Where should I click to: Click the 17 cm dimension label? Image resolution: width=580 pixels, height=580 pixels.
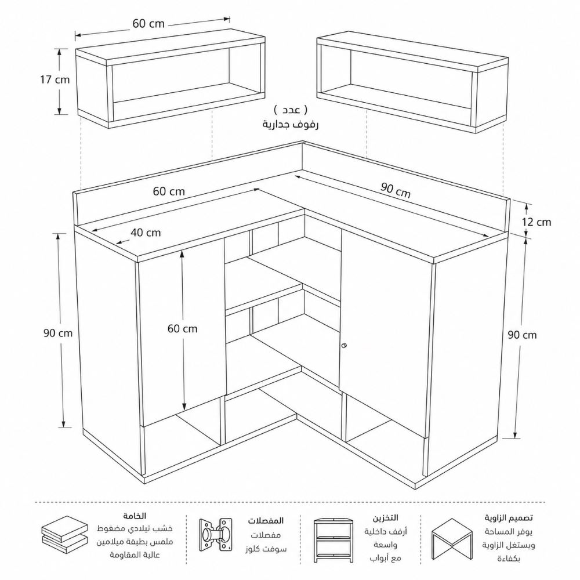click(55, 80)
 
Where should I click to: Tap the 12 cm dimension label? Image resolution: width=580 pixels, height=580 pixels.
click(536, 222)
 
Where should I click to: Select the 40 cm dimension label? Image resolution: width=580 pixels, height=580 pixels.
click(146, 233)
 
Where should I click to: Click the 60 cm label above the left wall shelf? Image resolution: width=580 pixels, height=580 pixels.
click(148, 24)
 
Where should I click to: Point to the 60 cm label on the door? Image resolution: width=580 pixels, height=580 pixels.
click(182, 328)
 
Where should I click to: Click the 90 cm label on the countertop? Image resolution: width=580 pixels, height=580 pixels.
click(396, 190)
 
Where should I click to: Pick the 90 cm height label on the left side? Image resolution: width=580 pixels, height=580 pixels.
click(57, 333)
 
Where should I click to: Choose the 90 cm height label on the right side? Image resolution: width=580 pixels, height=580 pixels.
click(522, 335)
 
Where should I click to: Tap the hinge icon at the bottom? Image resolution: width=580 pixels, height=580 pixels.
click(216, 535)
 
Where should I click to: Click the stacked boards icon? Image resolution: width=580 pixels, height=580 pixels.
click(65, 535)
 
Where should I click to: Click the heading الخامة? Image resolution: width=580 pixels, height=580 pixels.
click(135, 516)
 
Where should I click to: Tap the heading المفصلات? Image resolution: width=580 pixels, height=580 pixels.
click(266, 520)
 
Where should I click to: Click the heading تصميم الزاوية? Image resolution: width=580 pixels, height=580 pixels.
click(509, 517)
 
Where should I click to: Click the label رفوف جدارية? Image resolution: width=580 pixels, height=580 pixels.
click(291, 124)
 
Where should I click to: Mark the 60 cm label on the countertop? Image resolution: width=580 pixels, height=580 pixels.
click(169, 191)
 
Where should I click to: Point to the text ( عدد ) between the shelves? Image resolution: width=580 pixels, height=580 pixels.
click(291, 110)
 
